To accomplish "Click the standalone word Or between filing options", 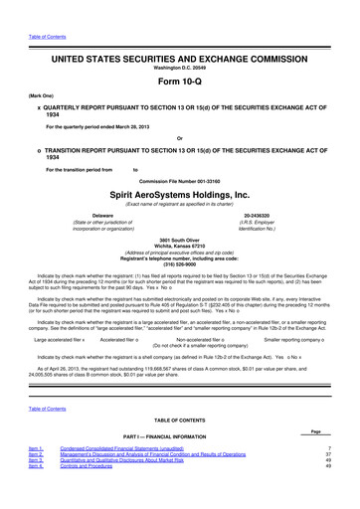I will pyautogui.click(x=179, y=137).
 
